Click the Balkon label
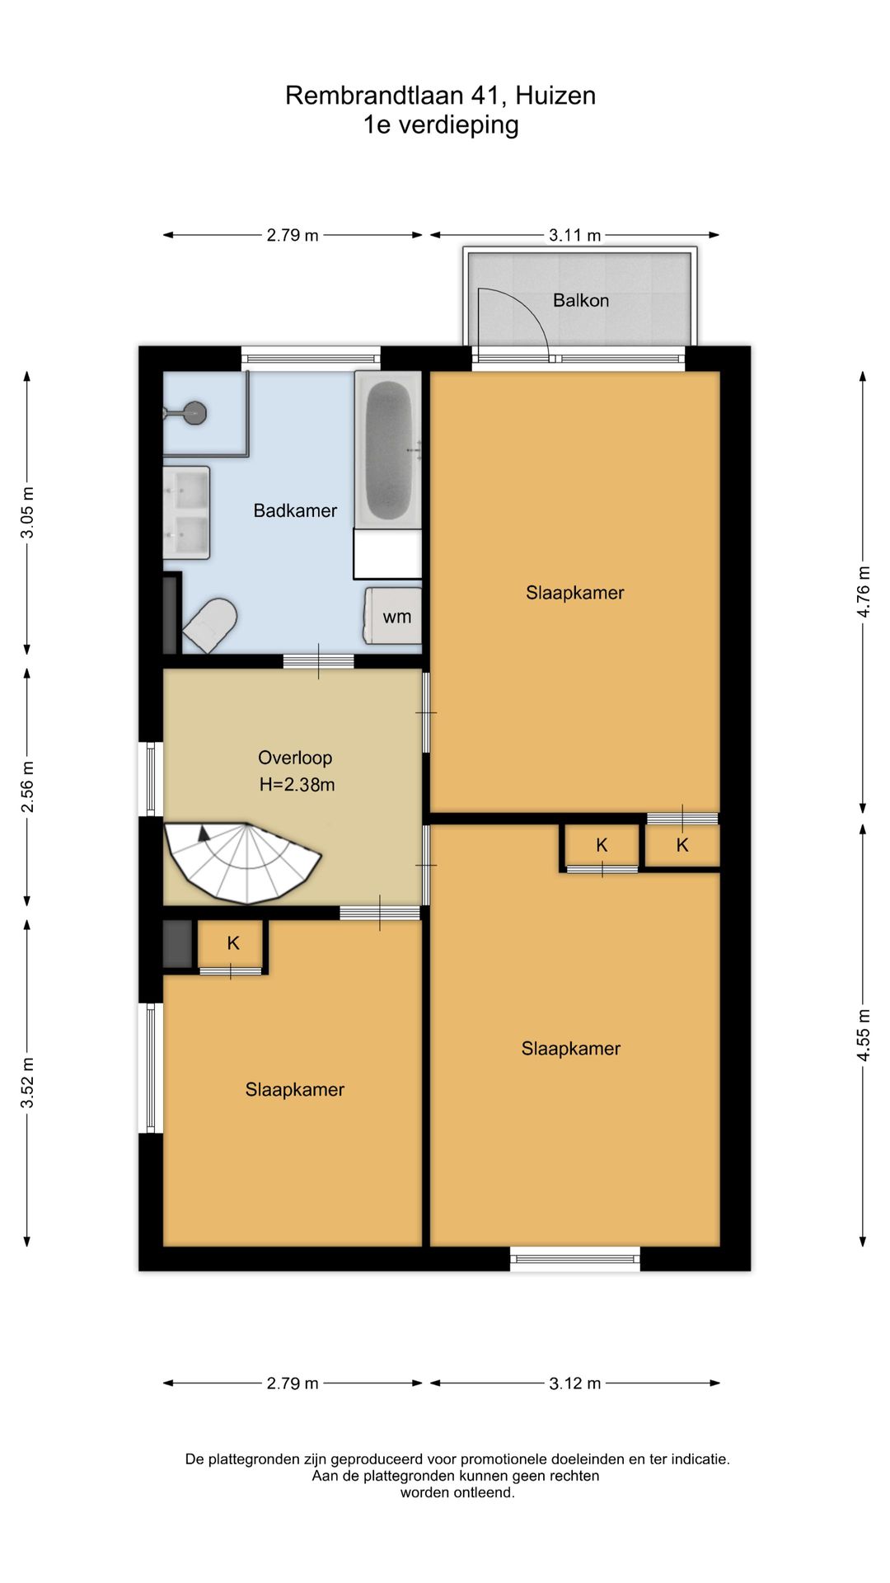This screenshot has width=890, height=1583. [x=581, y=301]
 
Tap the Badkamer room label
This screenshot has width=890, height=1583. [x=295, y=511]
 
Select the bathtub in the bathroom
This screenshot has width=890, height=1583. [x=388, y=449]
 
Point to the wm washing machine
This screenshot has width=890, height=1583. [x=393, y=616]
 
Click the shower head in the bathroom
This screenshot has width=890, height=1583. [x=195, y=412]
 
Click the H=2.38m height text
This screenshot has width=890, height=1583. [x=297, y=785]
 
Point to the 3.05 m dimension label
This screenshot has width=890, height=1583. [x=27, y=512]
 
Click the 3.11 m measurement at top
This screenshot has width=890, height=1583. [x=575, y=235]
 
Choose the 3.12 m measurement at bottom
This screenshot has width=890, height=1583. [x=575, y=1383]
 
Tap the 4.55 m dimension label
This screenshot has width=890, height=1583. [x=863, y=1035]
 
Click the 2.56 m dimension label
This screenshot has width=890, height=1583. [x=27, y=786]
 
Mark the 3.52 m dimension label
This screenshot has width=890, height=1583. [x=27, y=1083]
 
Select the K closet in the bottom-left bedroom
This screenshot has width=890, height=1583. [x=233, y=943]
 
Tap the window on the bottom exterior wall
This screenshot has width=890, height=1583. [x=575, y=1259]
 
